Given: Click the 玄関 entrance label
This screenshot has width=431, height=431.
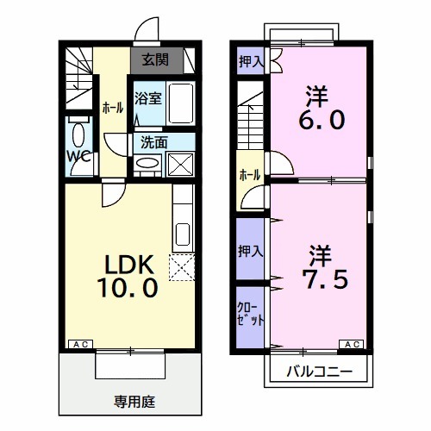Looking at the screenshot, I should (x=155, y=60).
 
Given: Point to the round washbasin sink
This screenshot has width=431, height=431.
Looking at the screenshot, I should (x=148, y=163).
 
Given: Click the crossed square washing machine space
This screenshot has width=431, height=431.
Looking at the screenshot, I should (x=181, y=163).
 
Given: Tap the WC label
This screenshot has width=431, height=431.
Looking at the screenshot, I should (x=78, y=156).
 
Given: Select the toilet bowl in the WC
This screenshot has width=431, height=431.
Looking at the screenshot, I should (x=78, y=134).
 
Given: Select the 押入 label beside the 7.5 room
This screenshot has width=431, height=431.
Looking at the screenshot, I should (x=251, y=250).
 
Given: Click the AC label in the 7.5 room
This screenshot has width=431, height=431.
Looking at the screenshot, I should (x=353, y=345).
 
